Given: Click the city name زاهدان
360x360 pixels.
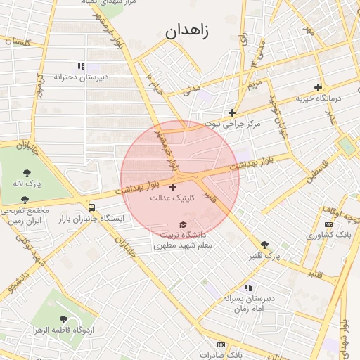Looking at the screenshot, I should tap(192, 32).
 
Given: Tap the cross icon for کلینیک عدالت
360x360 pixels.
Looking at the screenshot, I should tap(173, 187).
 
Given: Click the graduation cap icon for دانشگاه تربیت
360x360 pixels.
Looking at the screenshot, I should tap(183, 225).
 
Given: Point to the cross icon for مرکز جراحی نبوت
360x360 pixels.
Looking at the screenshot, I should tap(232, 112).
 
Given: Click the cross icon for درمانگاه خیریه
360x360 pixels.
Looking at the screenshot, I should tap(319, 88).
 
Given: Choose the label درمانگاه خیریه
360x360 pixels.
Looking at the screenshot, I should tap(319, 98).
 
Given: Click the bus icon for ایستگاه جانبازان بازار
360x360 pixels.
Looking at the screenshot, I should tap(92, 207).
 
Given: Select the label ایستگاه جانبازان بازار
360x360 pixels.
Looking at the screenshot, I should tap(92, 219).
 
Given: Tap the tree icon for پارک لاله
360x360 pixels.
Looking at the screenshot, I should tap(27, 172).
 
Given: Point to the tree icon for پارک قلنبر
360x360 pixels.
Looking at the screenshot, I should tap(264, 244).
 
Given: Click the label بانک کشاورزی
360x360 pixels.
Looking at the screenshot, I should tap(328, 234).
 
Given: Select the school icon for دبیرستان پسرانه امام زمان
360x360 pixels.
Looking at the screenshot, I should tap(247, 288).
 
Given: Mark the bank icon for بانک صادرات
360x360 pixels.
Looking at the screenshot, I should tap(221, 345).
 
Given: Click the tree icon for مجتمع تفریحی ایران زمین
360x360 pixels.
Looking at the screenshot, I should tap(25, 200).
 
